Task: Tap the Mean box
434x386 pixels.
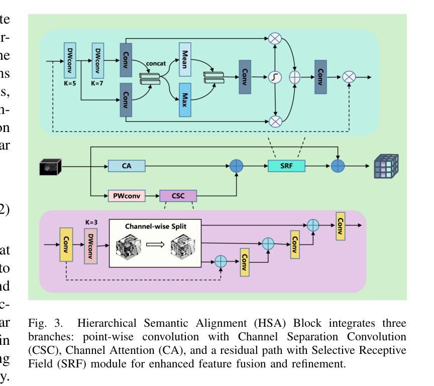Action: click(185, 59)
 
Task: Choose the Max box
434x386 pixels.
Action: click(185, 102)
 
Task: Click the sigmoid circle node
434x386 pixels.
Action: click(275, 77)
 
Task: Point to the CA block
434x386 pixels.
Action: click(127, 166)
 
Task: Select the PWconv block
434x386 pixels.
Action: click(127, 195)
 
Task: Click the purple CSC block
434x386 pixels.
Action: click(178, 195)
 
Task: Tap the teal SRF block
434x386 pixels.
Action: click(286, 166)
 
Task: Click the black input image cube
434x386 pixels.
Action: click(50, 167)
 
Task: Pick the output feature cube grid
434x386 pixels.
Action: click(386, 167)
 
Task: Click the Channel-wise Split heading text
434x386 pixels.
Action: click(155, 227)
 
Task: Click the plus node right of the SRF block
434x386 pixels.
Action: click(338, 166)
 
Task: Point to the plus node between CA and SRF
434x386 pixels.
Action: click(236, 166)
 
